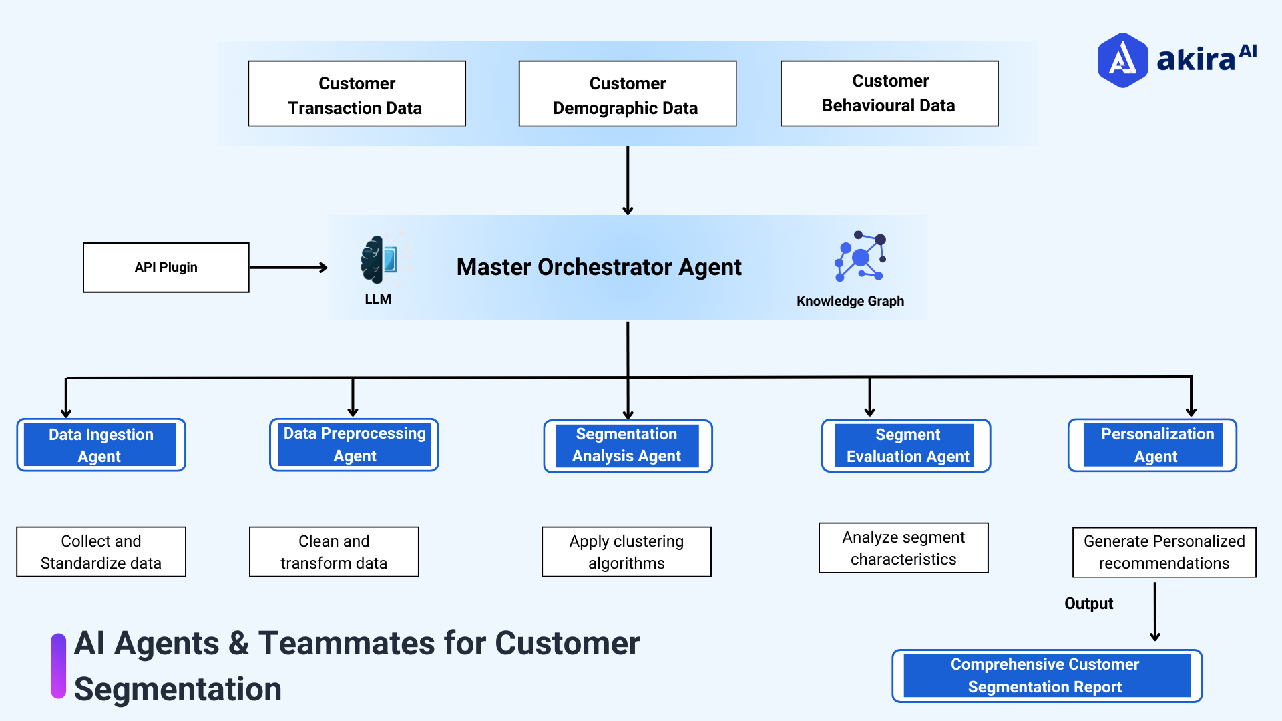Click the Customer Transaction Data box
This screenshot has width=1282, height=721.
pos(357,94)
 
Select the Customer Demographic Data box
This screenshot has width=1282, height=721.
pos(627,94)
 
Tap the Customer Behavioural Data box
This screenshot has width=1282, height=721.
pos(889,93)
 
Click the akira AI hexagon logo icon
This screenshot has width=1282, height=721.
pos(1122,60)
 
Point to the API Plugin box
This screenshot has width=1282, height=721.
pos(166,268)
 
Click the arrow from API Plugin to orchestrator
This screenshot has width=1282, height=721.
pos(288,268)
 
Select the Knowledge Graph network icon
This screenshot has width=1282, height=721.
pos(860,257)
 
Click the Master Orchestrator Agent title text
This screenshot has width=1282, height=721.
pos(598,267)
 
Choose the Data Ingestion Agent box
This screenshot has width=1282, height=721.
pos(101,445)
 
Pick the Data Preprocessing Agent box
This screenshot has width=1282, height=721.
pos(354,445)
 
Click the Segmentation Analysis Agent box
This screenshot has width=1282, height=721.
pos(627,445)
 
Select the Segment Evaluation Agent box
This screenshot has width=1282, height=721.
pos(906,445)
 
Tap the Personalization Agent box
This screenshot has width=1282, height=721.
pos(1152,445)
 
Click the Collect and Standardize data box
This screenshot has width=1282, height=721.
pos(101,552)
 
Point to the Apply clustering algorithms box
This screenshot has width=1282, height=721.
pos(626,552)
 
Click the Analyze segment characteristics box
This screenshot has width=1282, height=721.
pos(903,548)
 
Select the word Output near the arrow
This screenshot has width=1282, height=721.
pos(1088,604)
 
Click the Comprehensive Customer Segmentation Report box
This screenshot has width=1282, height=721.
pos(1046,676)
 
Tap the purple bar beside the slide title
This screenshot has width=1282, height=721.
pos(59,666)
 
